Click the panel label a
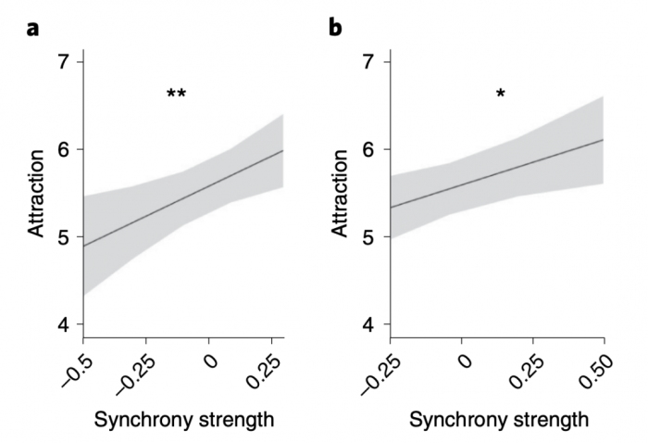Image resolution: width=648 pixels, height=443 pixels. pos(34,27)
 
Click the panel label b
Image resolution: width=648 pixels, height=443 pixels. pos(335,27)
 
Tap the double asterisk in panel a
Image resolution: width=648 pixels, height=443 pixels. pos(176,94)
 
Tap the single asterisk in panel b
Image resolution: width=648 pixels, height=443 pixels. pos(501,94)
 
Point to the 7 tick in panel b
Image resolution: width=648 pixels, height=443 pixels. pos(368,62)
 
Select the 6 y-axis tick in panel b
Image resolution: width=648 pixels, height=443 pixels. pos(368,149)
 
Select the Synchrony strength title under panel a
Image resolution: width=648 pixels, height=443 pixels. pos(184,419)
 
